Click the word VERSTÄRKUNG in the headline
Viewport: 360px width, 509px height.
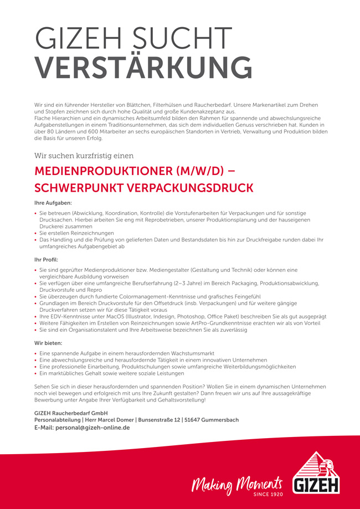(143, 68)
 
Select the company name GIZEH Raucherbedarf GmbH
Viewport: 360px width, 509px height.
(71, 413)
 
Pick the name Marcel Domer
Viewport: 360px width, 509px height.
(117, 420)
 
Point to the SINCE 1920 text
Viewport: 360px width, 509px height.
(268, 492)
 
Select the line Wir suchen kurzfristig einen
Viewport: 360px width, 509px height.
(84, 156)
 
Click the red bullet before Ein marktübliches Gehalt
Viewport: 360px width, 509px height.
(36, 374)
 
